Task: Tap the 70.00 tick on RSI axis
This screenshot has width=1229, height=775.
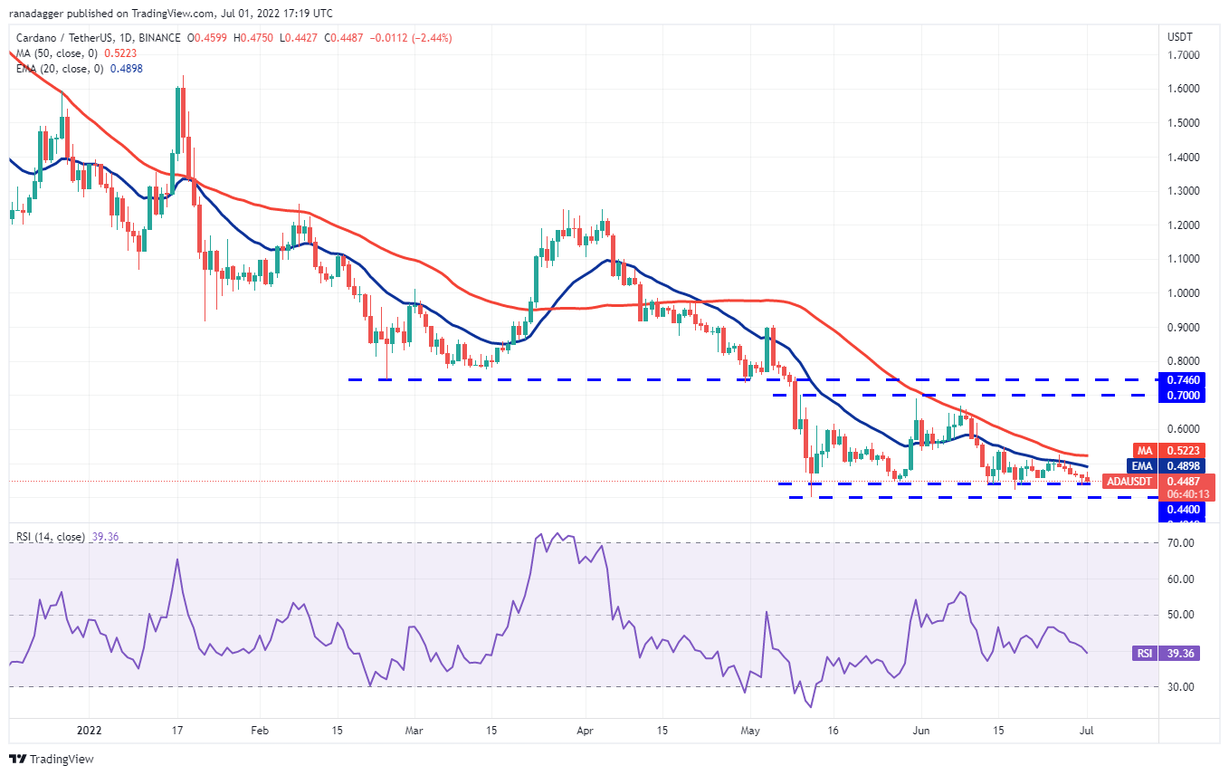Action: click(x=1180, y=543)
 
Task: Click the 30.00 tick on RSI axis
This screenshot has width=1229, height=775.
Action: click(x=1180, y=687)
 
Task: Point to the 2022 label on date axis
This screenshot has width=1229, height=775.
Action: click(x=89, y=729)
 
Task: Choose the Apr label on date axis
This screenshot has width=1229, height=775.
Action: click(x=584, y=729)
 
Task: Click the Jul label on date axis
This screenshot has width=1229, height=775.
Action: click(x=1088, y=729)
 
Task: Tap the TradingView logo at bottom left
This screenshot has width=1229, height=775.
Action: click(x=52, y=759)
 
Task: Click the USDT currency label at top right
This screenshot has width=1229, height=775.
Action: click(x=1181, y=37)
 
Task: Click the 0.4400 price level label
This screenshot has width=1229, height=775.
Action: click(x=1180, y=511)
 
